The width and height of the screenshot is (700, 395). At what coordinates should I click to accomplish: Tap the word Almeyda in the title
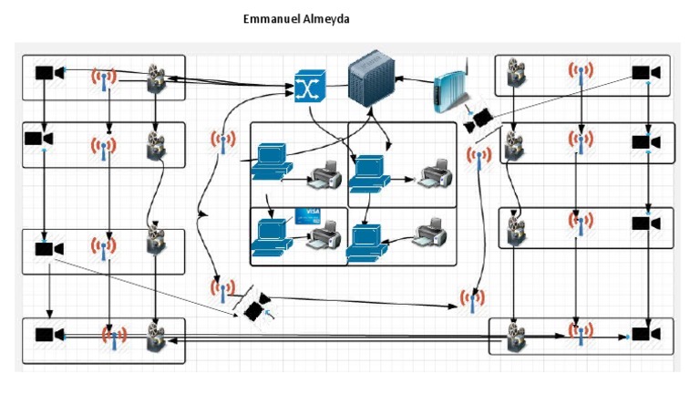point(326,19)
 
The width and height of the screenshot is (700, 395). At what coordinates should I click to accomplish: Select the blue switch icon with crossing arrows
point(310,87)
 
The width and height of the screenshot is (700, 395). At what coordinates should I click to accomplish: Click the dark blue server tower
point(372,78)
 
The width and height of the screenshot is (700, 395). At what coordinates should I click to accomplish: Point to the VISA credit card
point(307,216)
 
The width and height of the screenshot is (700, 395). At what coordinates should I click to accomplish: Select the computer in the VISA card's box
point(271,237)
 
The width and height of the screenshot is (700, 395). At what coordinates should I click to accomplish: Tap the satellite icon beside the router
point(479,120)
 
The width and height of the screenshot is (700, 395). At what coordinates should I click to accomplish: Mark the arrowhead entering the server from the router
point(398,78)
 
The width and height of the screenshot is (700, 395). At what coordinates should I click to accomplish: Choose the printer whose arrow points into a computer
point(430,233)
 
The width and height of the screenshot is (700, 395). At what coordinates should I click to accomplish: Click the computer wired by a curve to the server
point(272,161)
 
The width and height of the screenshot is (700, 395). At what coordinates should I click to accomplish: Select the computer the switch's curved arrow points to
point(369,174)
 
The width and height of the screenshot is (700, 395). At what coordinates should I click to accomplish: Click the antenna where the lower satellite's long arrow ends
point(472,300)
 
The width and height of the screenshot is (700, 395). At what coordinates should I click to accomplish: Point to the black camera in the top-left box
point(50,72)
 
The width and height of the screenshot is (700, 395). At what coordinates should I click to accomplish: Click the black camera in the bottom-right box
point(646,334)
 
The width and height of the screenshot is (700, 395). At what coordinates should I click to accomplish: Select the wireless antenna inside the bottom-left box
point(114,338)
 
